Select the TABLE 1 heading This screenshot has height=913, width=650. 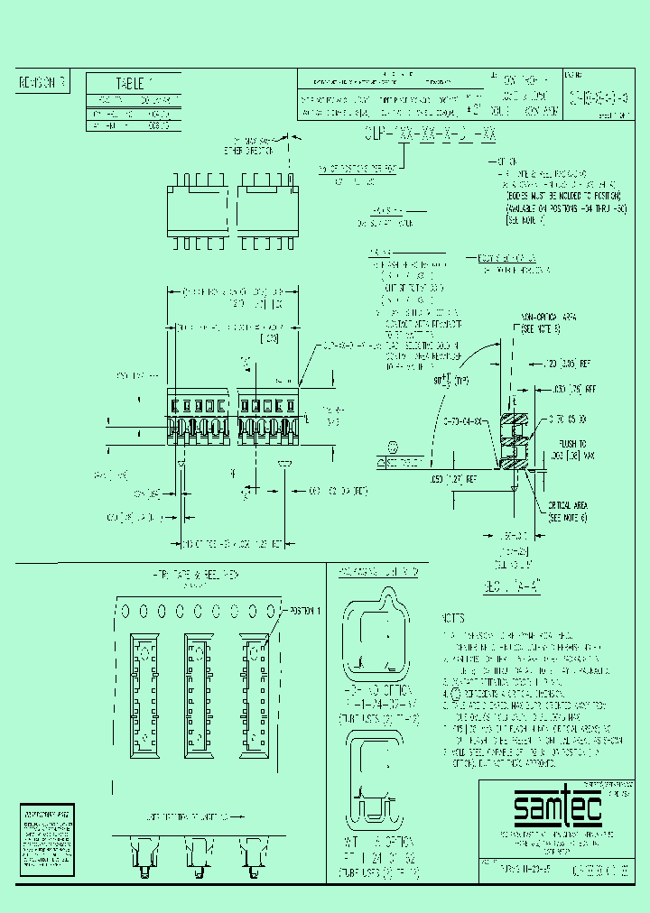tap(133, 81)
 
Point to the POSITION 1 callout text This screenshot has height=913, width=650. tap(302, 611)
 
